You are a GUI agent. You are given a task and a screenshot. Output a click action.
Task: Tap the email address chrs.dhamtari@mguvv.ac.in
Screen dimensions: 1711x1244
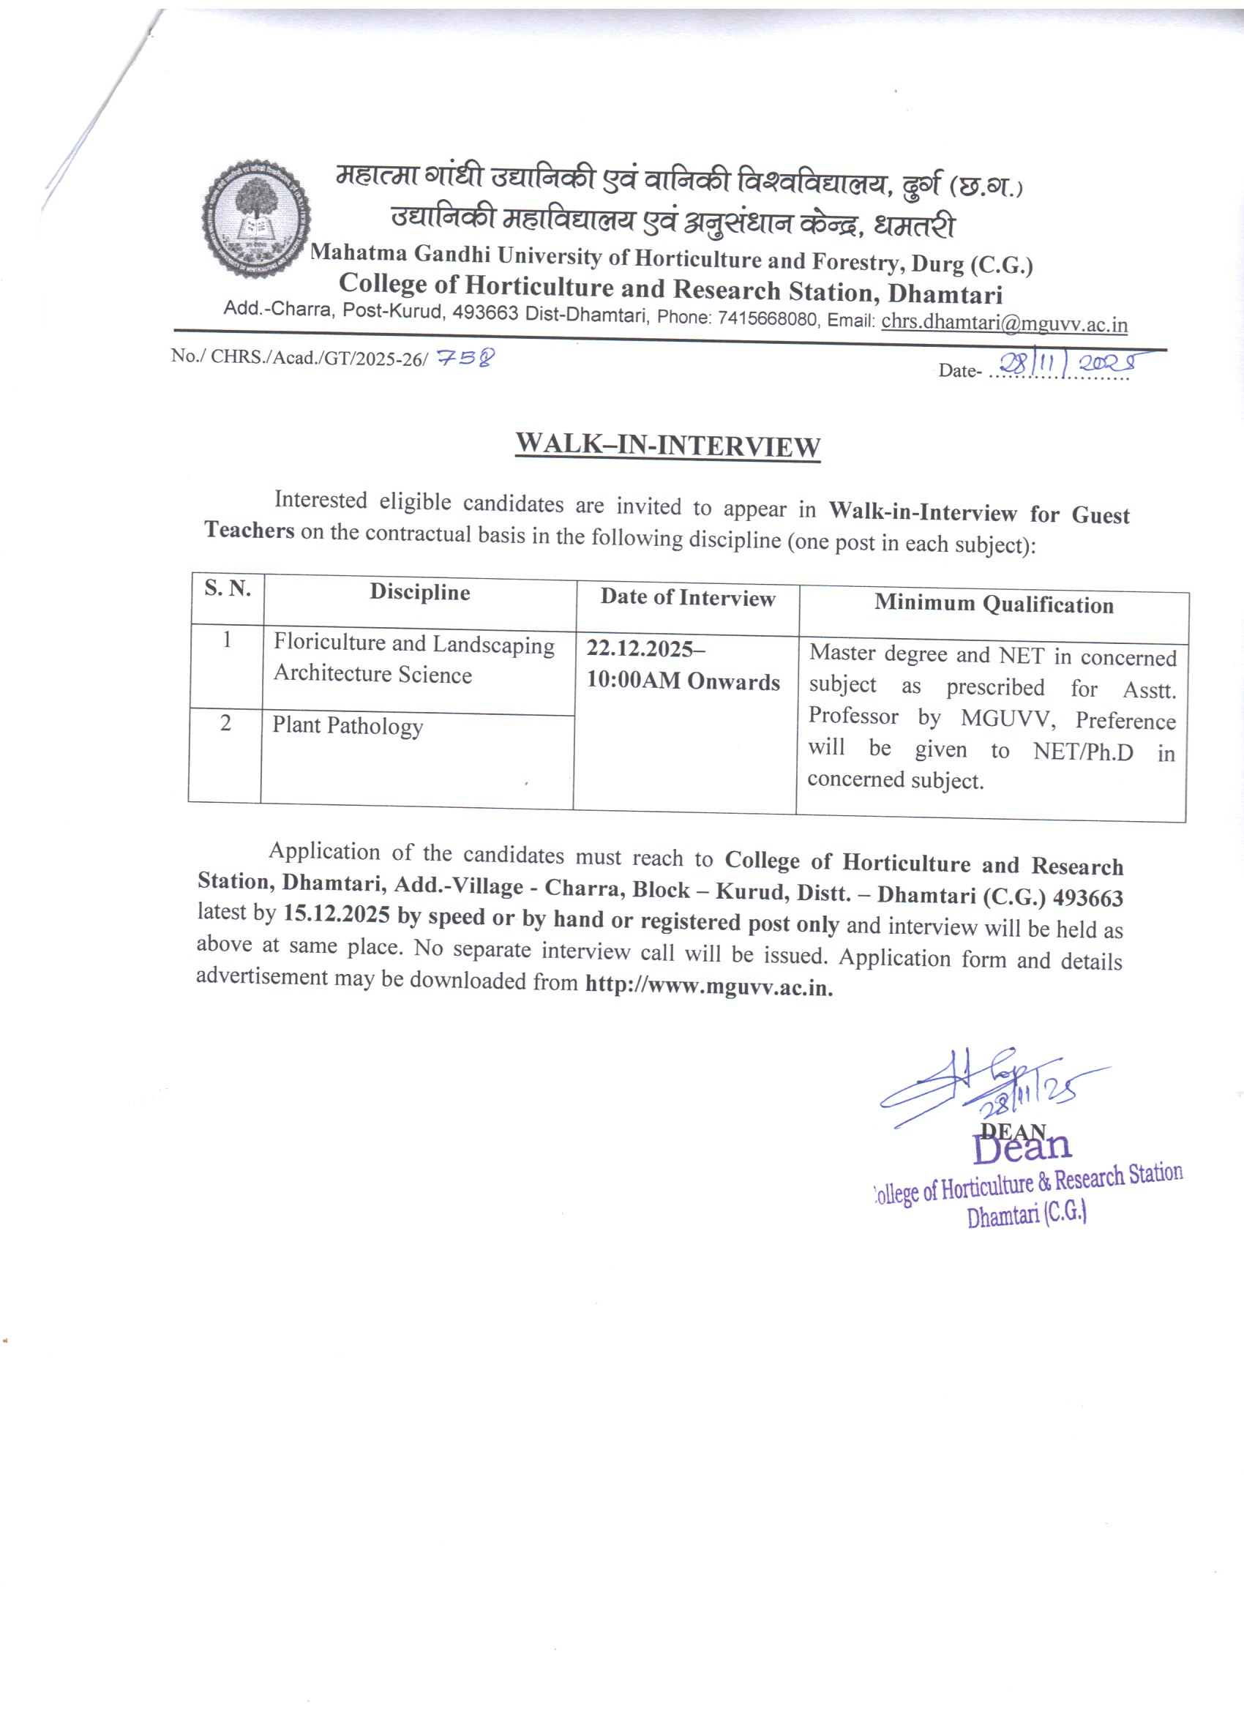coord(1004,323)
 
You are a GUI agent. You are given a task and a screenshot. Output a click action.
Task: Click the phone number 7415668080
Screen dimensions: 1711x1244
coord(767,319)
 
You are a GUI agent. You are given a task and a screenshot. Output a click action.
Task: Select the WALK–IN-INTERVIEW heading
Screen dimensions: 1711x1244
coord(667,445)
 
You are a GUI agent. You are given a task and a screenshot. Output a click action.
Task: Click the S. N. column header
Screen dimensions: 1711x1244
coord(228,588)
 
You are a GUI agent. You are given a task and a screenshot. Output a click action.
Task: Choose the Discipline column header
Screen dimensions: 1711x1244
coord(419,593)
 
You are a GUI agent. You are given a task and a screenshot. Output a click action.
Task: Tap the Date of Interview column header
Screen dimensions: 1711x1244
coord(687,598)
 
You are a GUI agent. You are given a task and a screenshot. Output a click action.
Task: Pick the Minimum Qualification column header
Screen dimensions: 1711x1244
coord(994,604)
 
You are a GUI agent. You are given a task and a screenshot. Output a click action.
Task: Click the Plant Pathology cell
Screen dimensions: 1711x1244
coord(348,726)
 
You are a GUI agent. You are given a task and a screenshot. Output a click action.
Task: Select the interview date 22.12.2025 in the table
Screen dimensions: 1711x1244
coord(640,649)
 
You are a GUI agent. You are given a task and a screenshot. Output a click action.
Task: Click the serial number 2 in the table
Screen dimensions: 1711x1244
coord(225,724)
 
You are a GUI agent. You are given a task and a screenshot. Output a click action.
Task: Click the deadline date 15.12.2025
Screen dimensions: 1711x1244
coord(337,915)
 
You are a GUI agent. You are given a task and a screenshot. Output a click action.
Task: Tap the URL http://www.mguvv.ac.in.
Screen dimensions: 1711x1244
coord(708,986)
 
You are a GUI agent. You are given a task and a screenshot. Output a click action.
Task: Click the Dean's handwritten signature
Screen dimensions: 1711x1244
coord(981,1087)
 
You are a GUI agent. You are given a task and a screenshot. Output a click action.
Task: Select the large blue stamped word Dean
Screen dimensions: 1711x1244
coord(1022,1147)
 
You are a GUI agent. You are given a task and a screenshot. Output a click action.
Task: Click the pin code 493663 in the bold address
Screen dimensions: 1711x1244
coord(1088,898)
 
